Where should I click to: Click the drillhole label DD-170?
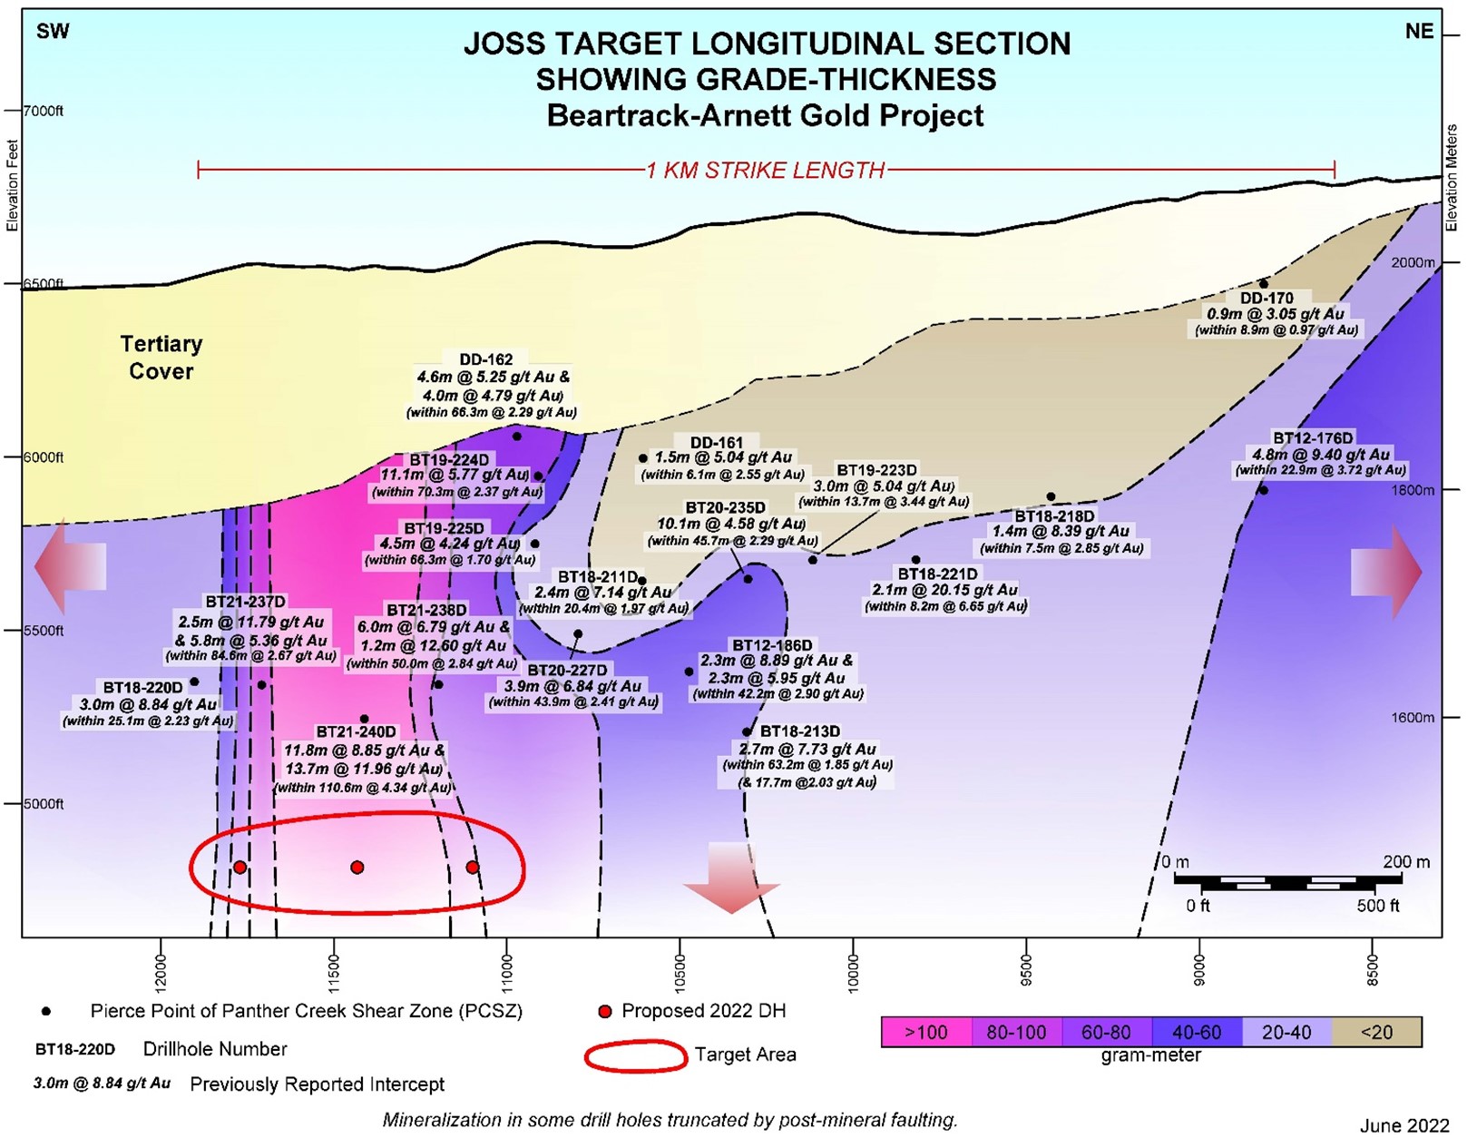[x=1267, y=299]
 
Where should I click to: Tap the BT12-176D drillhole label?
[x=1313, y=438]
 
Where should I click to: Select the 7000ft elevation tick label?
[x=44, y=111]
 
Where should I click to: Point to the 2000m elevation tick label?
[x=1413, y=262]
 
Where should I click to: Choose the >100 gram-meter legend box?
[x=926, y=1032]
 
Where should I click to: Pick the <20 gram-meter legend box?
[x=1376, y=1032]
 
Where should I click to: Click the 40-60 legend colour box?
[x=1197, y=1032]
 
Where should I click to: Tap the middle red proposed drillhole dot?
[x=357, y=868]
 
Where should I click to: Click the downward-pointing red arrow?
[x=731, y=878]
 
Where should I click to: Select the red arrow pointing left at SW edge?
[x=70, y=566]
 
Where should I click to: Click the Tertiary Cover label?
[x=161, y=358]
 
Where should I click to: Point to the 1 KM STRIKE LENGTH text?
[x=766, y=170]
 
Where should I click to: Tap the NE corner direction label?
[x=1419, y=32]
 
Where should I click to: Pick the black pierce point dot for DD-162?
[x=517, y=436]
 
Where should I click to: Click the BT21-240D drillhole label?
[x=357, y=731]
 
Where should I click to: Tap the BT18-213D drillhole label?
[x=800, y=731]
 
